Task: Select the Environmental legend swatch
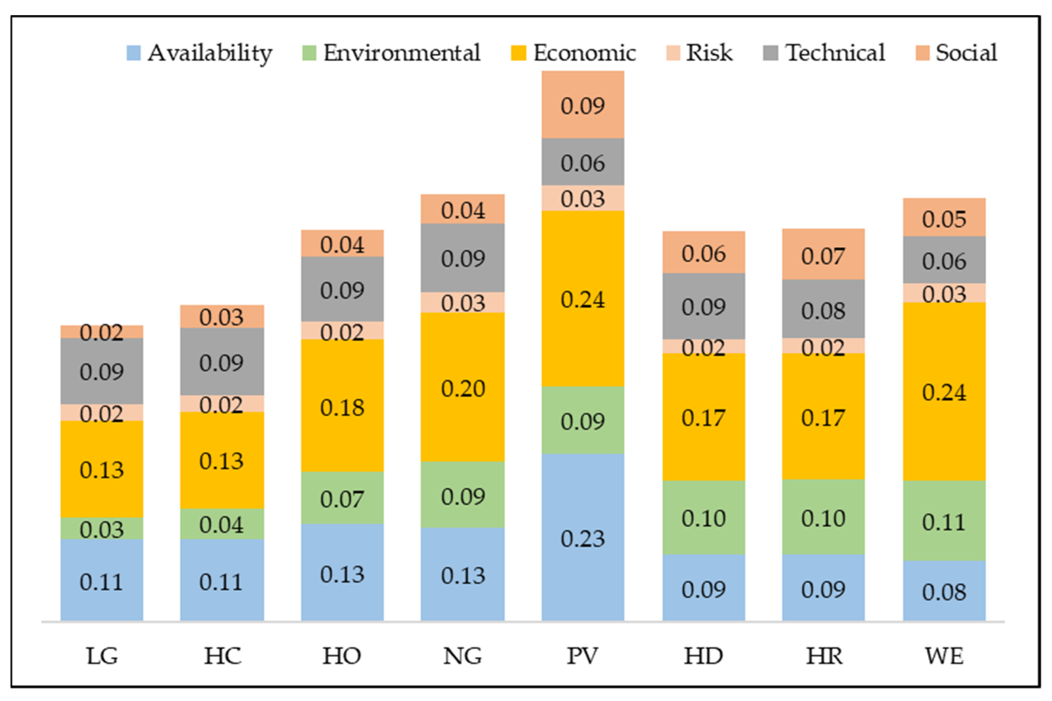[x=309, y=53]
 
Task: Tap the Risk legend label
[x=709, y=53]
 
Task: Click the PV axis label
[x=582, y=656]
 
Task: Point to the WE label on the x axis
[x=944, y=656]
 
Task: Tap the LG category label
[x=102, y=656]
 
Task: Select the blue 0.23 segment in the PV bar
[x=582, y=538]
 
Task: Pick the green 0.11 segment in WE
[x=944, y=521]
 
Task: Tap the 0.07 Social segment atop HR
[x=823, y=255]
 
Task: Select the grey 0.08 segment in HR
[x=823, y=309]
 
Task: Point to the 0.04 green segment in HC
[x=222, y=524]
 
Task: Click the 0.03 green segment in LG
[x=102, y=528]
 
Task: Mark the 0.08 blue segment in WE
[x=944, y=591]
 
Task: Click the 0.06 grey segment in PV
[x=582, y=162]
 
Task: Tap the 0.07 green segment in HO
[x=342, y=498]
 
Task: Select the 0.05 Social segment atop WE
[x=944, y=218]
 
